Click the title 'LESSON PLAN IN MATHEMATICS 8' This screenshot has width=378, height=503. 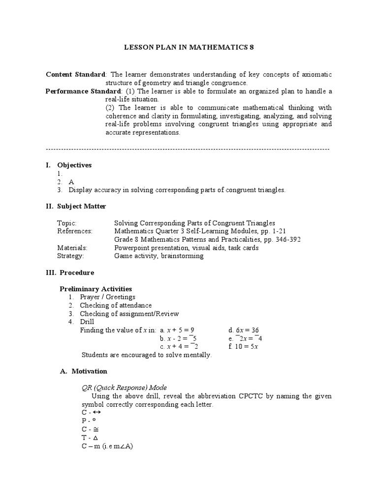point(189,48)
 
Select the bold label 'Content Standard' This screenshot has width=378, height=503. point(75,74)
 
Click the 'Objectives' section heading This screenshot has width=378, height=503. point(74,165)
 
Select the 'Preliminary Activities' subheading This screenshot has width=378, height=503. point(95,289)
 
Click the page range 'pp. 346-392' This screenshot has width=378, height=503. point(282,240)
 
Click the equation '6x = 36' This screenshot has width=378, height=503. point(244,330)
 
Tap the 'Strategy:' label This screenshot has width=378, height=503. point(70,256)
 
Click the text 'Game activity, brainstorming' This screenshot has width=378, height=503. point(158,256)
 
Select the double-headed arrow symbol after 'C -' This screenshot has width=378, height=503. point(97,413)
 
